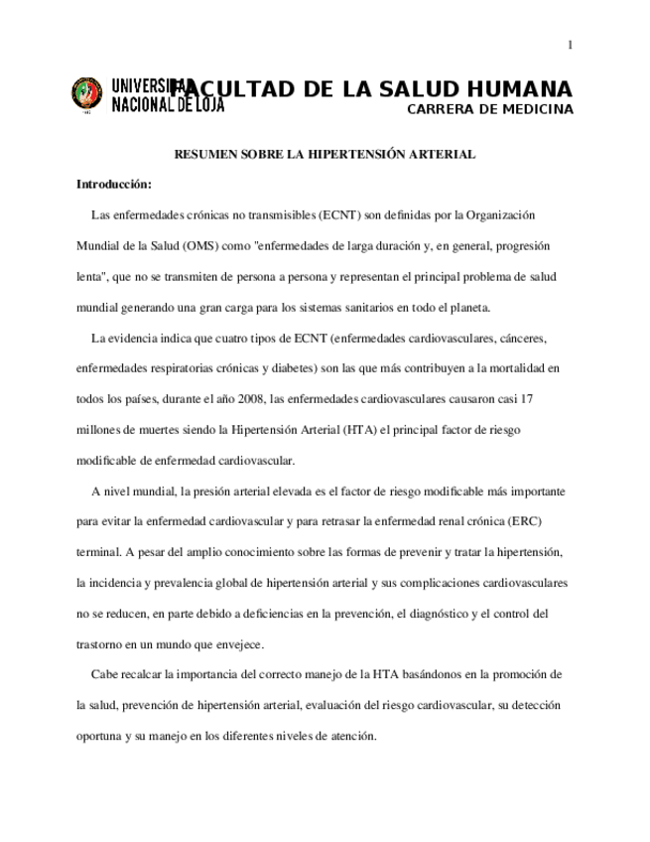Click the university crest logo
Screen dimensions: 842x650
click(x=86, y=94)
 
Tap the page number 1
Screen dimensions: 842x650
click(x=571, y=45)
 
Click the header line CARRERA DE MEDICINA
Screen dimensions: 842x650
click(x=490, y=109)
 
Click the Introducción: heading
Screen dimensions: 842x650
click(x=114, y=185)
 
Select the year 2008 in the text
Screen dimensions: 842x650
click(x=248, y=399)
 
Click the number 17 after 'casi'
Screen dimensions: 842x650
click(x=528, y=399)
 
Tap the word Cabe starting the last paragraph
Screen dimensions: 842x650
click(x=104, y=675)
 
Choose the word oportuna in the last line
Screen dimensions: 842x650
click(x=98, y=736)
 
